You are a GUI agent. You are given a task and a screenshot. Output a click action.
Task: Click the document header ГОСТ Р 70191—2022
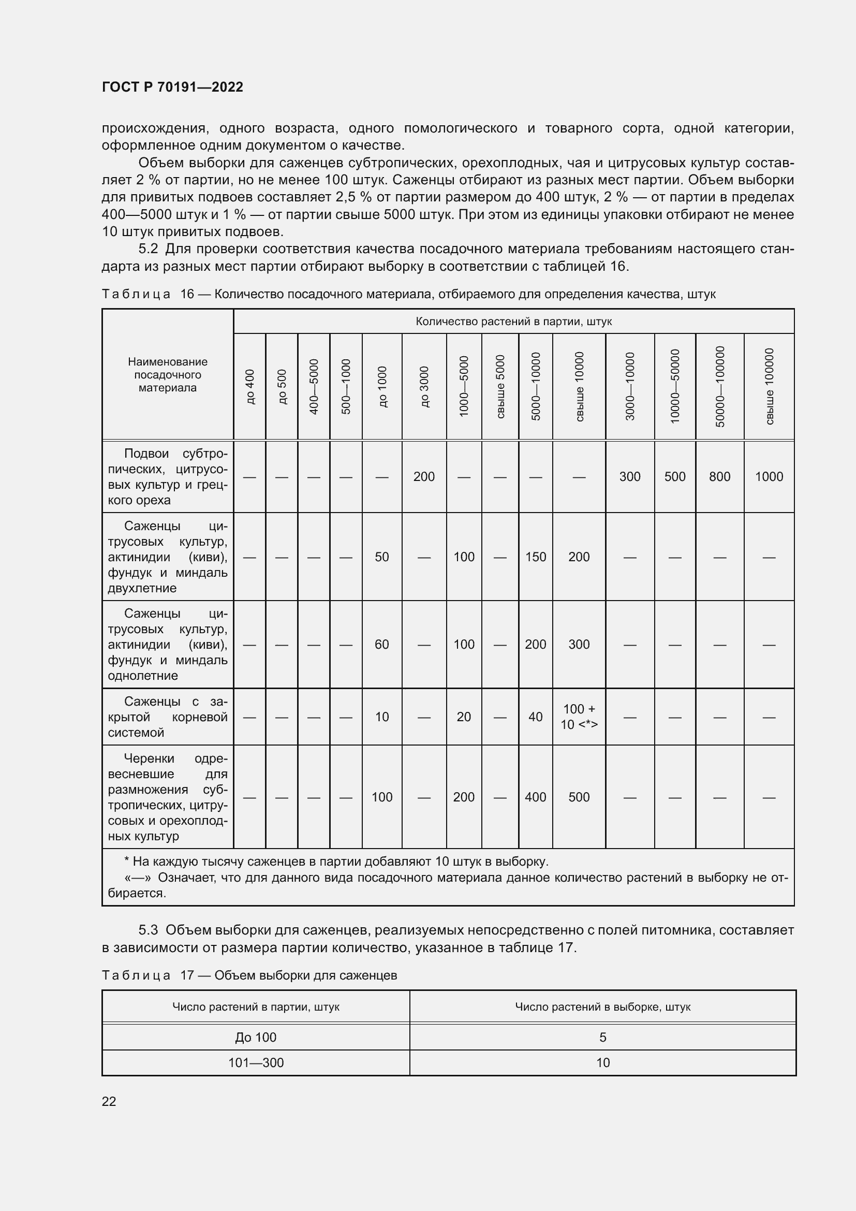pos(172,87)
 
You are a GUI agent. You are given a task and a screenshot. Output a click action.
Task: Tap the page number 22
pos(109,1101)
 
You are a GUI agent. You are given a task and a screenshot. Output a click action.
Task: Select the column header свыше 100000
pos(769,387)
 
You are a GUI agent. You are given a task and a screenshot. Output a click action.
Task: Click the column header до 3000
pos(424,387)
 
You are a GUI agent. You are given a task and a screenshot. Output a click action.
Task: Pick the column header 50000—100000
pos(720,387)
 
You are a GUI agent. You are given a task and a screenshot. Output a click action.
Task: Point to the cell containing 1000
pos(769,477)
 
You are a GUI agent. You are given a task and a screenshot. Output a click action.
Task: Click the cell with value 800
pos(719,477)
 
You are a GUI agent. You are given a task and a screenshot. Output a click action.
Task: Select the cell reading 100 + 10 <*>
pos(579,716)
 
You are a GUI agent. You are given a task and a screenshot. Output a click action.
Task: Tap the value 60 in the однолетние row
pos(381,644)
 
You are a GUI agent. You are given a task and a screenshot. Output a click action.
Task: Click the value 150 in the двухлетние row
pos(536,557)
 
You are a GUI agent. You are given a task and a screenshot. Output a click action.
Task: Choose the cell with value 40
pos(536,717)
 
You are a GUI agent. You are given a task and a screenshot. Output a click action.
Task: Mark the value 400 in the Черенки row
pos(536,797)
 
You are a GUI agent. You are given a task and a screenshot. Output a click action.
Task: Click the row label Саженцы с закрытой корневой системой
pos(168,717)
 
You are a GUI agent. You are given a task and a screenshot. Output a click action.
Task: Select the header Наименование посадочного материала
pos(168,374)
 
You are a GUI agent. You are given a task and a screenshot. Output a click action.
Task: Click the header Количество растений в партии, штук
pos(513,321)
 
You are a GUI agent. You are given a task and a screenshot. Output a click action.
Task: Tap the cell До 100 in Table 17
pos(256,1037)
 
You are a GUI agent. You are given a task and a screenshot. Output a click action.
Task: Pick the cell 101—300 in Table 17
pos(256,1062)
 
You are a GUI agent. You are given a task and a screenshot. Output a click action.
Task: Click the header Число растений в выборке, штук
pos(602,1006)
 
